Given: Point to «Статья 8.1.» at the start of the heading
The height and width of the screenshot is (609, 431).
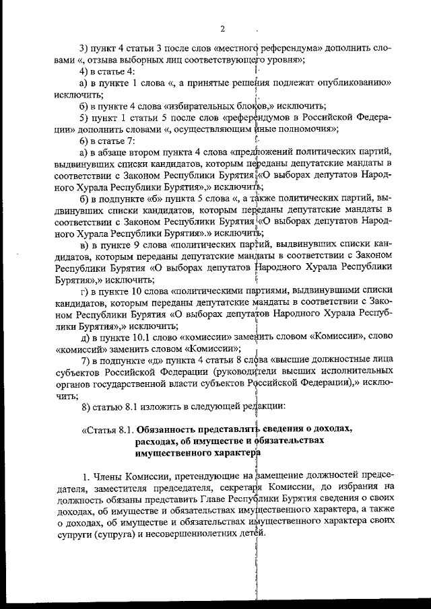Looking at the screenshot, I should click(x=108, y=429).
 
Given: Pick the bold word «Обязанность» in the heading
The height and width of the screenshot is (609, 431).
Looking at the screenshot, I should click(x=169, y=429).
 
